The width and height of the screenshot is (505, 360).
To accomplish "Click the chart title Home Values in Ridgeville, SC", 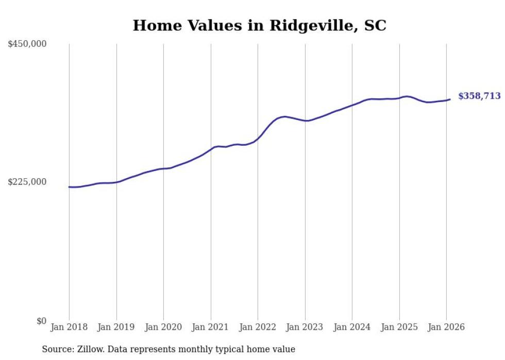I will pyautogui.click(x=259, y=26).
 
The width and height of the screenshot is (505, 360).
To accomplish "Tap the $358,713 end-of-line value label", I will pyautogui.click(x=479, y=96).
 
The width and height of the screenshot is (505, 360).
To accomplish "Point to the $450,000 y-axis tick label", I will pyautogui.click(x=27, y=44).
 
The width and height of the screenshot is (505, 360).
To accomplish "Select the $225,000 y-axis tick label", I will pyautogui.click(x=27, y=182).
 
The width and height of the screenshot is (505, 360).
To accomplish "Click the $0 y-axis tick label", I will pyautogui.click(x=41, y=321).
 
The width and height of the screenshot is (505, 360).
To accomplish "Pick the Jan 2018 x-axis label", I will pyautogui.click(x=69, y=328).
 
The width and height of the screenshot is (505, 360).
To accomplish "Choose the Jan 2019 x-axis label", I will pyautogui.click(x=116, y=328).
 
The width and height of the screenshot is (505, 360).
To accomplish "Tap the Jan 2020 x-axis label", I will pyautogui.click(x=163, y=328).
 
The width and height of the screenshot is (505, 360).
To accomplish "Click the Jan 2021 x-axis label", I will pyautogui.click(x=211, y=328).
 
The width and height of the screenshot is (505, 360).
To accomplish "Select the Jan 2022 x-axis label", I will pyautogui.click(x=258, y=328).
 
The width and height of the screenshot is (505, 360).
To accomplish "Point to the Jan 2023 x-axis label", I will pyautogui.click(x=305, y=328).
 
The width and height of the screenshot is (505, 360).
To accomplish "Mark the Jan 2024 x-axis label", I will pyautogui.click(x=352, y=328).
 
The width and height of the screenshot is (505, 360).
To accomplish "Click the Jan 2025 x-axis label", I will pyautogui.click(x=399, y=328).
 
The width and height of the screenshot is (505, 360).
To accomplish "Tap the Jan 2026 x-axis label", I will pyautogui.click(x=446, y=328).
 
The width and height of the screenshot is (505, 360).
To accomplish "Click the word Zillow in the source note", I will pyautogui.click(x=89, y=350).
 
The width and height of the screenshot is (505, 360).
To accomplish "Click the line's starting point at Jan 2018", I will pyautogui.click(x=69, y=187).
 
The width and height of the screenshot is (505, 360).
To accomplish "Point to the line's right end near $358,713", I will pyautogui.click(x=450, y=99).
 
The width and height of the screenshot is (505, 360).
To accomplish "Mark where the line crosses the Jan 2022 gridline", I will pyautogui.click(x=258, y=139).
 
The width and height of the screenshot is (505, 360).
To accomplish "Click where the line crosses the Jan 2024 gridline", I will pyautogui.click(x=352, y=105).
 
